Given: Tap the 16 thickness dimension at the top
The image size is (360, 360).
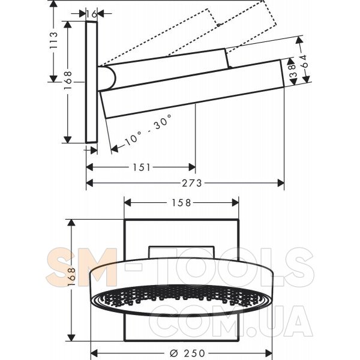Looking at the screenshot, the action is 92,14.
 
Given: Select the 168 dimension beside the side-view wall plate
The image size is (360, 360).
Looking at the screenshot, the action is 68,77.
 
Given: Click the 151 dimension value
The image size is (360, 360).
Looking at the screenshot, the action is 142,167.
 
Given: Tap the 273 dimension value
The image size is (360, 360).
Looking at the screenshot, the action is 191,183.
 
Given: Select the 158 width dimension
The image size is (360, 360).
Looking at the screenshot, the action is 181,203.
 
